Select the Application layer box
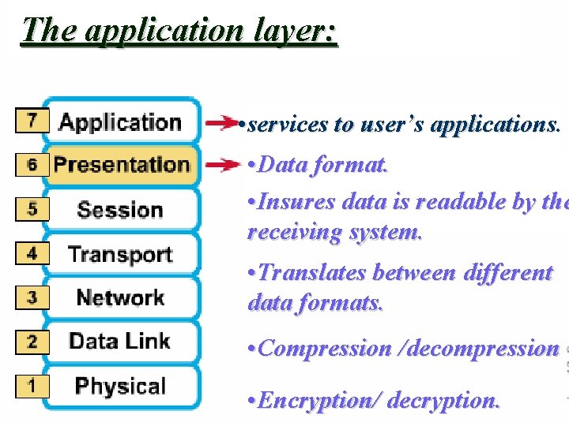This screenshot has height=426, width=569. (x=121, y=122)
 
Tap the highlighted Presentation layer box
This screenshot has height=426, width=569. (x=121, y=165)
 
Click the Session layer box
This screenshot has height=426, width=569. (x=121, y=210)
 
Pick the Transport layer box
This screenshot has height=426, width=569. (x=121, y=254)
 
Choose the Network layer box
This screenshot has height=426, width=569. (x=121, y=297)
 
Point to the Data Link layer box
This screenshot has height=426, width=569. (x=121, y=341)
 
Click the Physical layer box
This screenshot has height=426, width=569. (x=121, y=386)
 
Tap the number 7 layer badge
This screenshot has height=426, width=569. (x=32, y=121)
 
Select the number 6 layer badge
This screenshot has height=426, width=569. (x=32, y=165)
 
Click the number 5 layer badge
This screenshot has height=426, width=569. (x=32, y=210)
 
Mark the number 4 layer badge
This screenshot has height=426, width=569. (x=32, y=254)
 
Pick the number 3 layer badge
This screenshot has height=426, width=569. (x=32, y=298)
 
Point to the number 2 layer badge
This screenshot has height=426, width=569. (x=32, y=342)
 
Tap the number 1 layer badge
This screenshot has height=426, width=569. (x=32, y=386)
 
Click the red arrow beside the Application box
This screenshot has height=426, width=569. (x=222, y=123)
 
